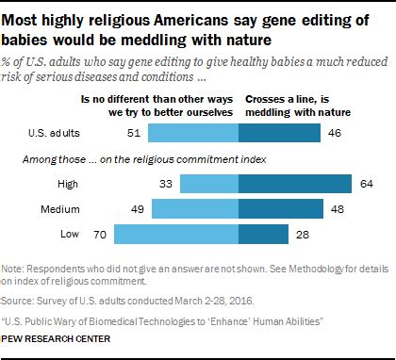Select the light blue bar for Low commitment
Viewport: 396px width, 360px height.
coord(176,231)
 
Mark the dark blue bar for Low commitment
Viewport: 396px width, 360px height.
coord(263,231)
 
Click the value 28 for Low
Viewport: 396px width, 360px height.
coord(300,231)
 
